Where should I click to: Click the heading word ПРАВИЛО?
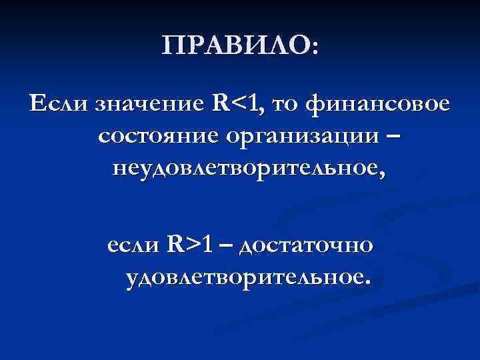point(235,48)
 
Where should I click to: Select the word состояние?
point(157,137)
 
